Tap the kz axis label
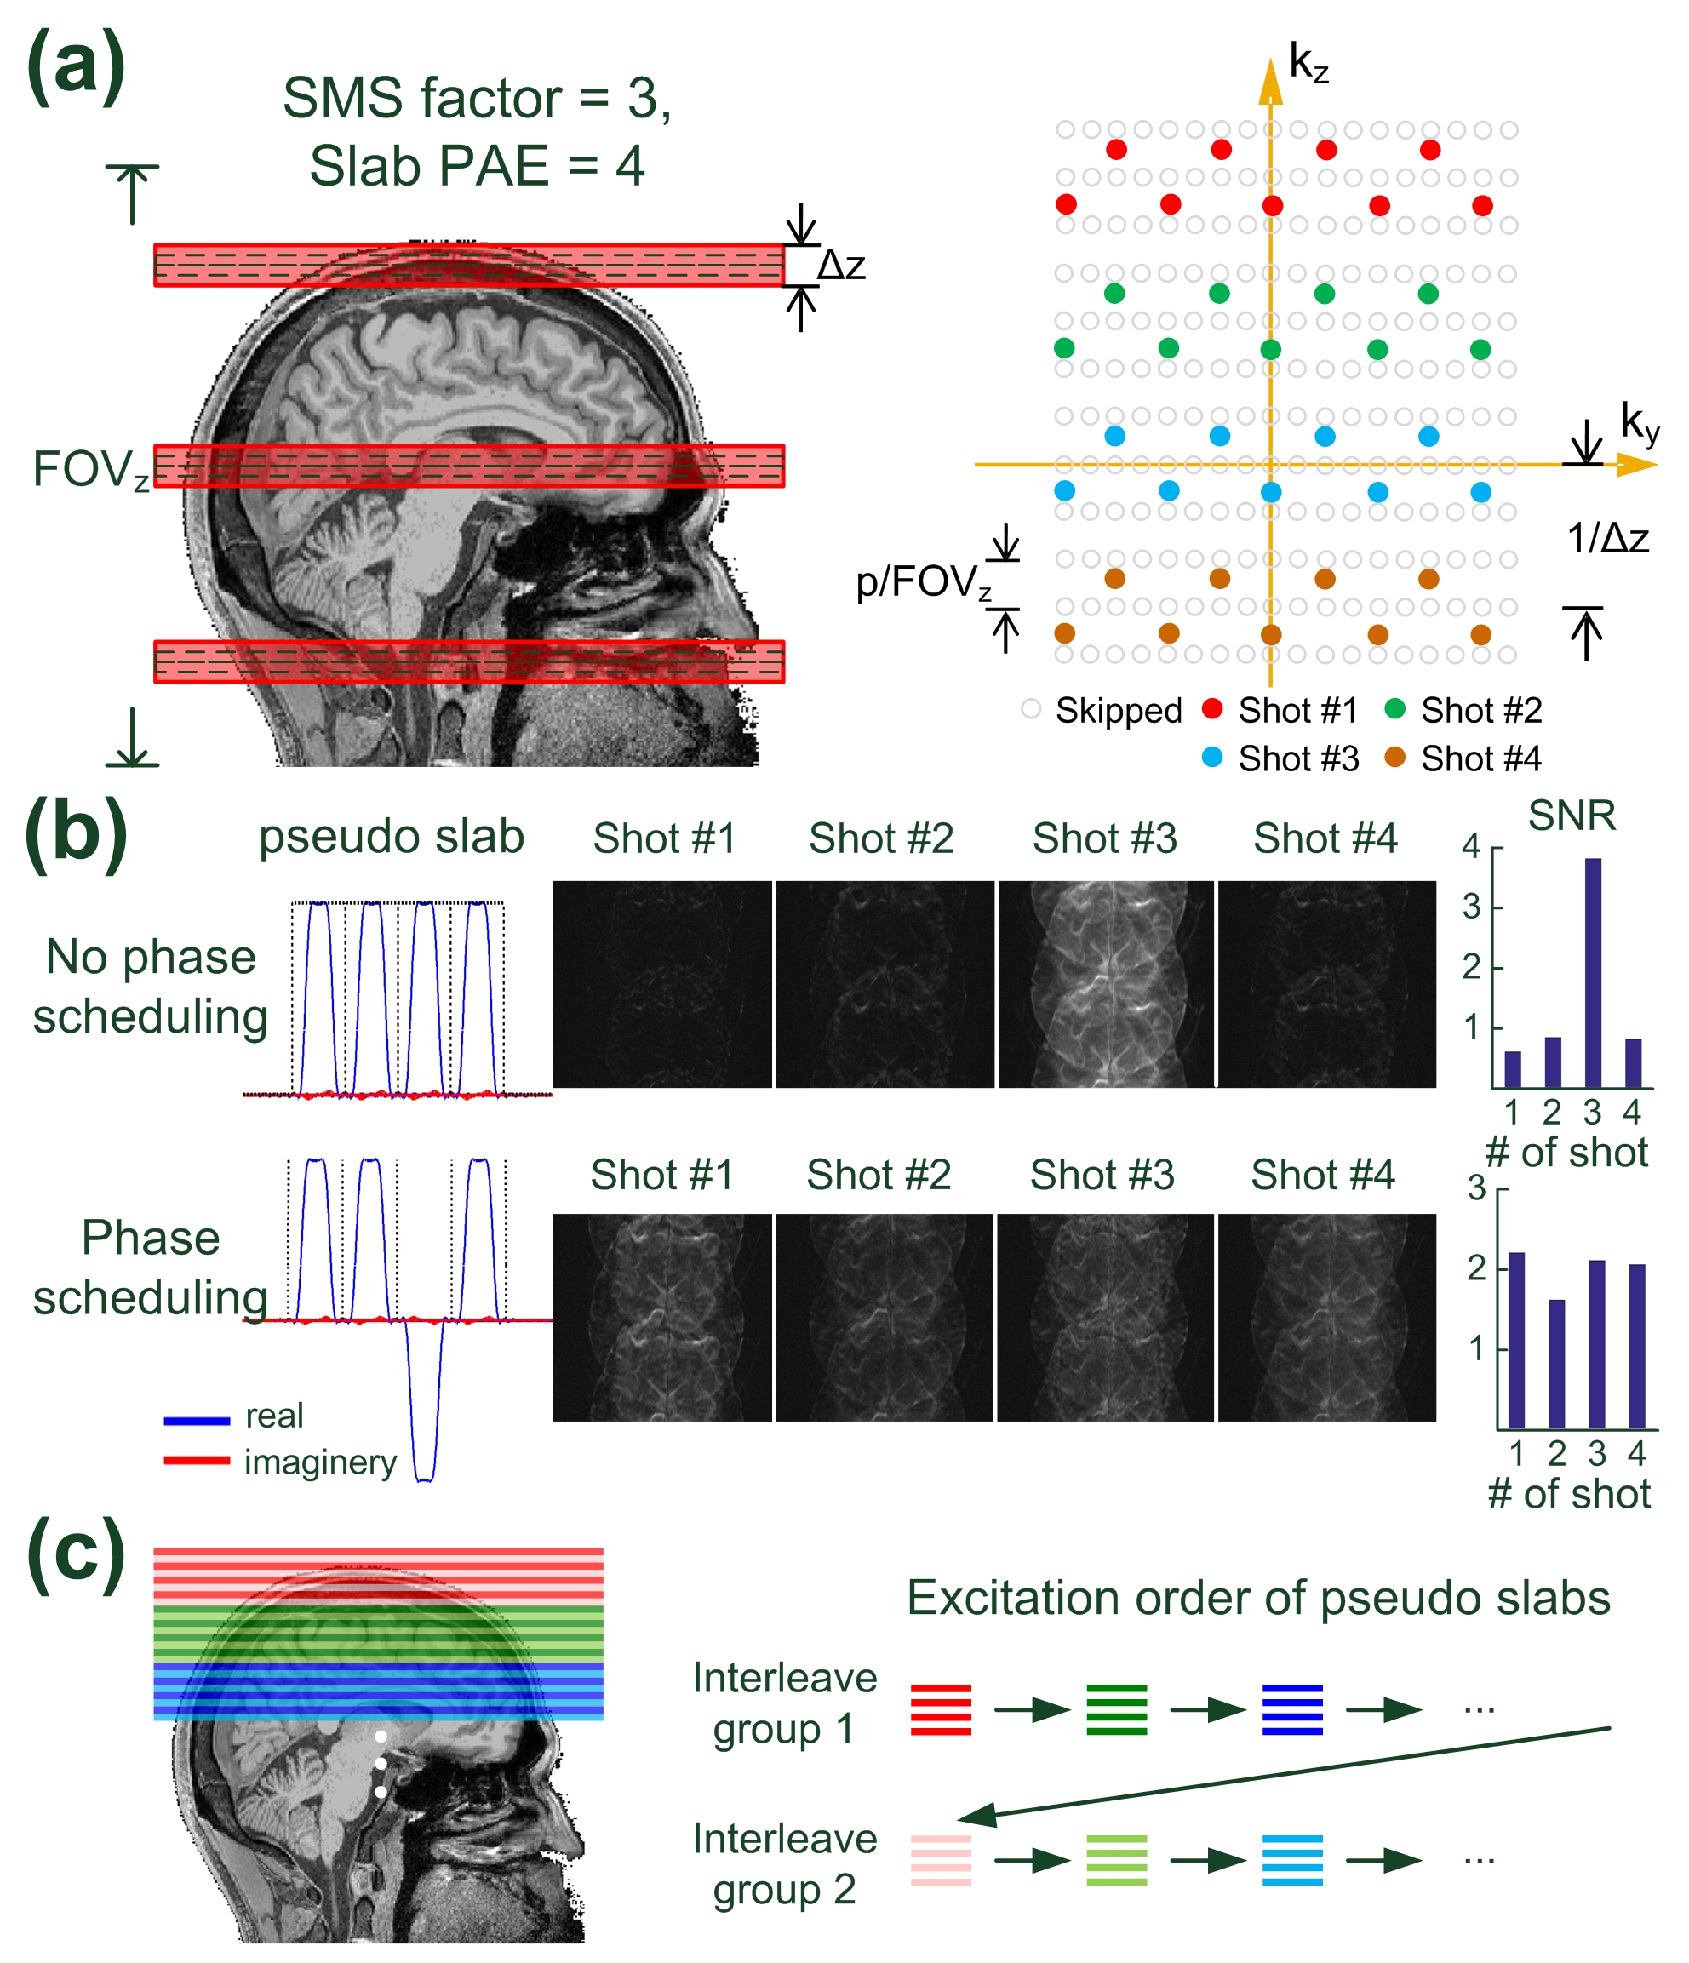tap(1308, 65)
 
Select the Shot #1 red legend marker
tap(1211, 708)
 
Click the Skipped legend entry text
tap(1119, 711)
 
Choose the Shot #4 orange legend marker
tap(1394, 757)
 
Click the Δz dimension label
tap(841, 266)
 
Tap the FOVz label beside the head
tap(90, 470)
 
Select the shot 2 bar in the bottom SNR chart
tap(1556, 1364)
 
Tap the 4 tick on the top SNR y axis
tap(1471, 846)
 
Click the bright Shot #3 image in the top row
tap(1106, 984)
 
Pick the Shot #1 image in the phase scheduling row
tap(661, 1317)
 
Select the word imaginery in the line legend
tap(320, 1462)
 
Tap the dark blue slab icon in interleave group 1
tap(1292, 1709)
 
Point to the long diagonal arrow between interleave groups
tap(1288, 1771)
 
